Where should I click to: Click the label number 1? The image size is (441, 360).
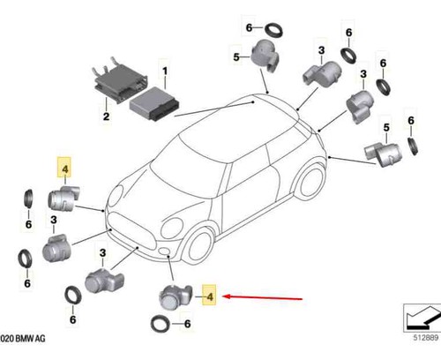(165, 71)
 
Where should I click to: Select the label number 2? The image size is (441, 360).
(106, 116)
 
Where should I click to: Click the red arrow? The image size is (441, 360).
(263, 297)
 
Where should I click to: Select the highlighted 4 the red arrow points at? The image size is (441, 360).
(209, 296)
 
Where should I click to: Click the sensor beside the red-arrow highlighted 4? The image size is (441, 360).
(176, 296)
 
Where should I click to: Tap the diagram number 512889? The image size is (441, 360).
(426, 337)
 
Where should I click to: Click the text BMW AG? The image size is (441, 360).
(30, 338)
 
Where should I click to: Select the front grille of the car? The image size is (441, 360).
(133, 232)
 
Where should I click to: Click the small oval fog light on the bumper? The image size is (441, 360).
(163, 251)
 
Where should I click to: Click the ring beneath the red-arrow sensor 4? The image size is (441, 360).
(161, 324)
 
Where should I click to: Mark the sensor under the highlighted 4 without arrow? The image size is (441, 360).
(64, 199)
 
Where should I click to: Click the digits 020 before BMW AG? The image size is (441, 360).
(6, 338)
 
